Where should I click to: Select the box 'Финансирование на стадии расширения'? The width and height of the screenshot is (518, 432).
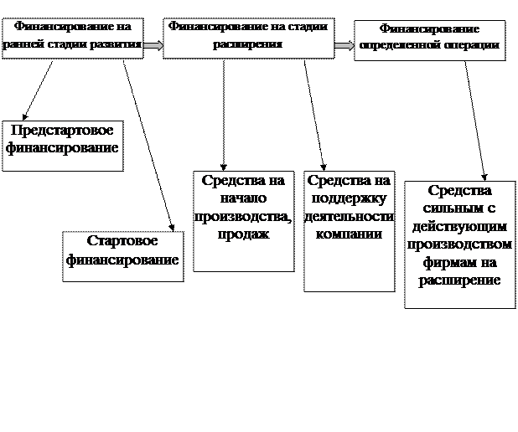[x=247, y=38]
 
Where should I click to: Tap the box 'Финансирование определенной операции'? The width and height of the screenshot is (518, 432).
[x=429, y=39]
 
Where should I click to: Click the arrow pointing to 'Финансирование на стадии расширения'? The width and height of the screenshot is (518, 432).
[x=153, y=45]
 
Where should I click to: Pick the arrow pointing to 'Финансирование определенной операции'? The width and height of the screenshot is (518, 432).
[x=344, y=46]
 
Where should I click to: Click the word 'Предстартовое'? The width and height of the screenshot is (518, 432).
[x=63, y=132]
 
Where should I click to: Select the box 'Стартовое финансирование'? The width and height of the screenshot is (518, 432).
[x=123, y=256]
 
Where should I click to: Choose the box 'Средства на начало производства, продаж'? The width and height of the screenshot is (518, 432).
[x=243, y=221]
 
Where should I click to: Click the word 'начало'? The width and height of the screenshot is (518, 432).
[x=243, y=198]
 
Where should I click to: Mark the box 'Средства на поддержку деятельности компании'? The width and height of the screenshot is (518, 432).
[x=349, y=231]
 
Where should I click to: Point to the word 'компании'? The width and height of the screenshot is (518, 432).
[x=349, y=234]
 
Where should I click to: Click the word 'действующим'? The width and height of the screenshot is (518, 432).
[x=458, y=227]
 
